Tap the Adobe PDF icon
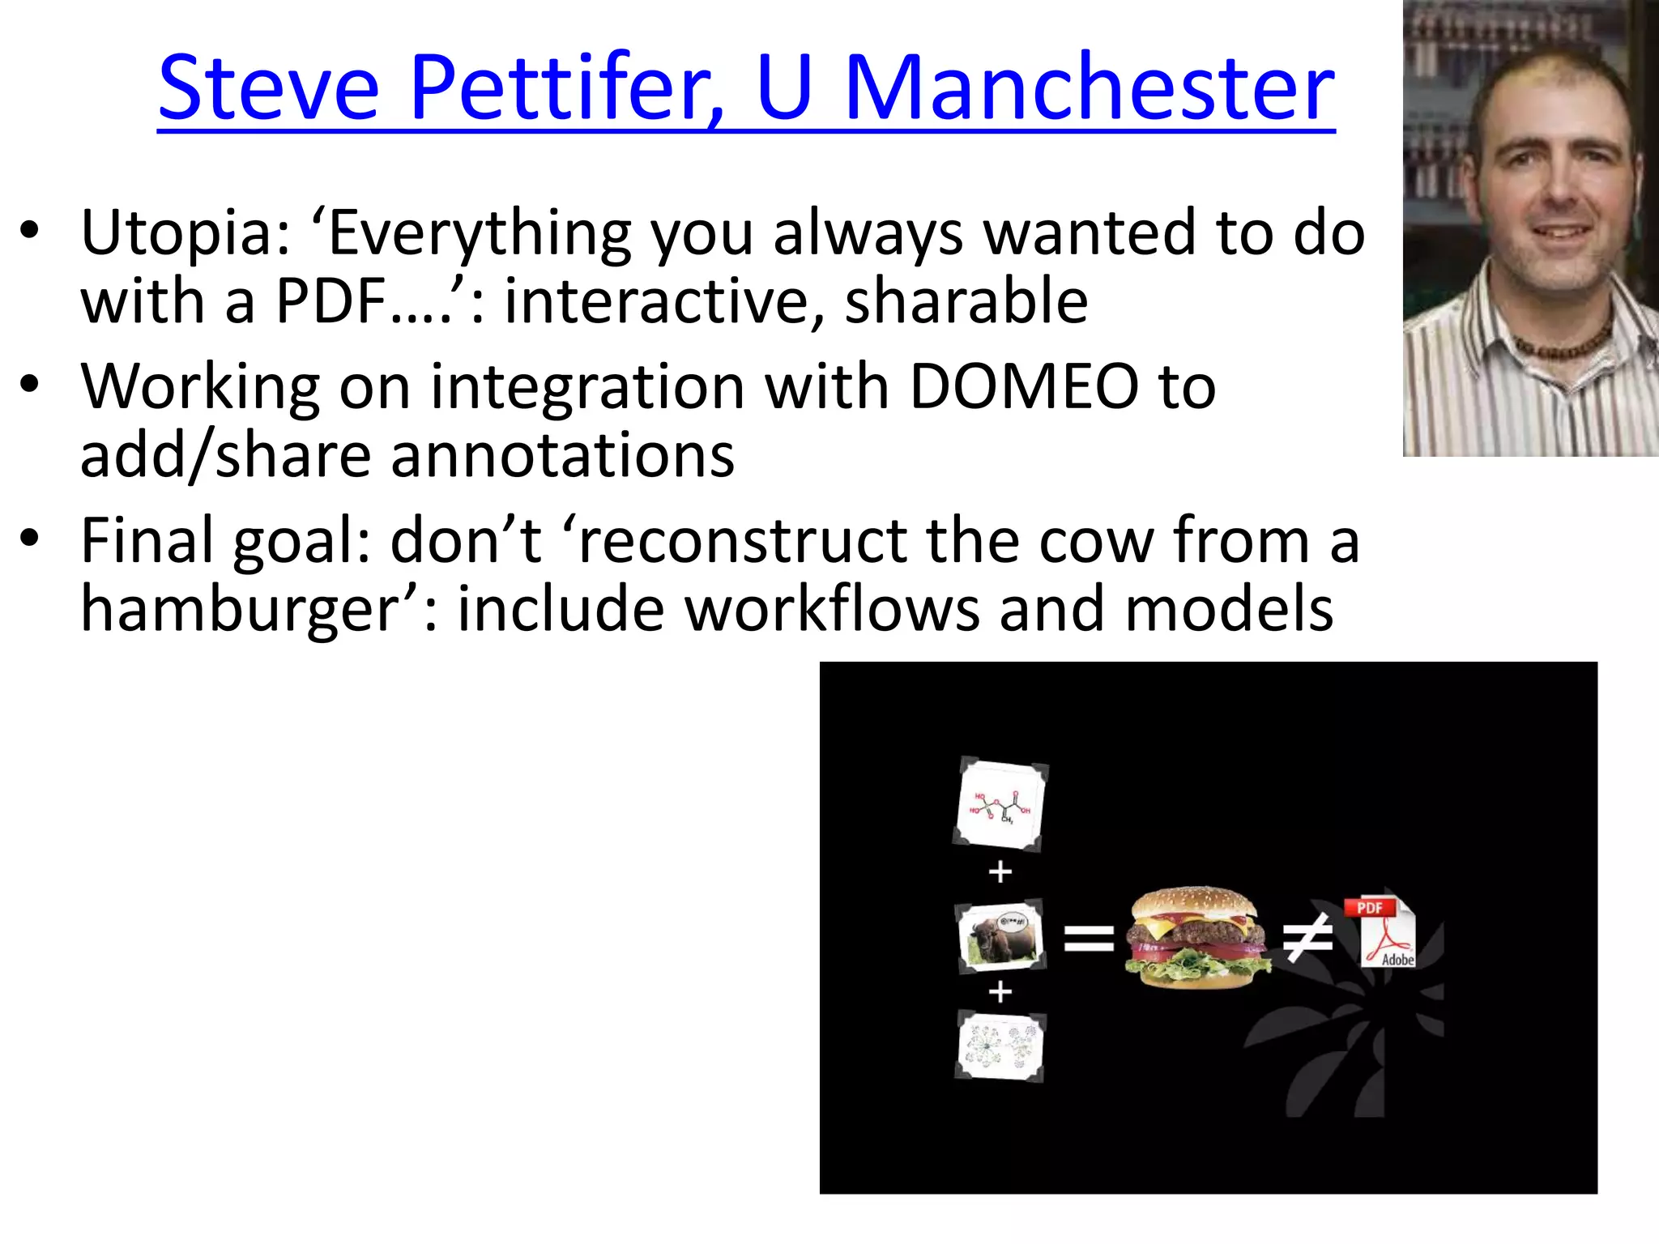tap(1381, 933)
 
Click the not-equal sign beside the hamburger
tap(1307, 938)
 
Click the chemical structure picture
tap(1001, 805)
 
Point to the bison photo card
tap(1001, 936)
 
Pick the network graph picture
tap(1001, 1046)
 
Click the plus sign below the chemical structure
tap(1000, 872)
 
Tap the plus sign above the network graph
tap(1000, 991)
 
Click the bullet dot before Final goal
tap(30, 539)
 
